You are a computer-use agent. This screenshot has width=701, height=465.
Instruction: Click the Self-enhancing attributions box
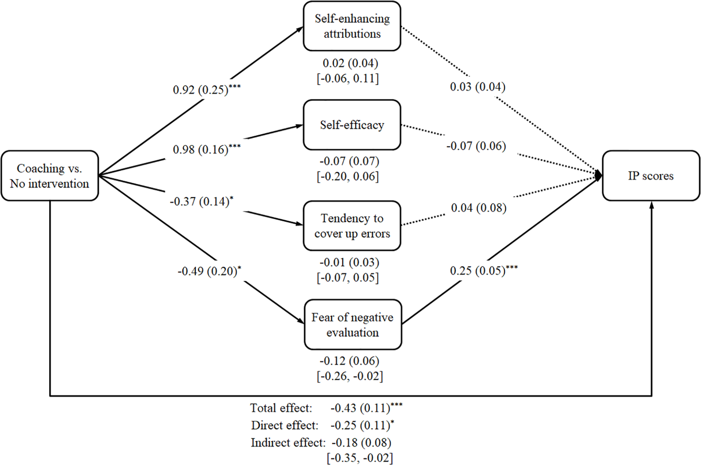[x=352, y=26]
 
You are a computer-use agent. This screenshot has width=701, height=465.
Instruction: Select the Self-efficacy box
[x=352, y=125]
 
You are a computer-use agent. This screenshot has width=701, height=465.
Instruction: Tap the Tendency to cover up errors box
[x=352, y=226]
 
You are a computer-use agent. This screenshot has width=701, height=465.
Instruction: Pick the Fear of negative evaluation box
[x=353, y=325]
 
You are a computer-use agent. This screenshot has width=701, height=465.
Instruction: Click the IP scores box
[x=651, y=176]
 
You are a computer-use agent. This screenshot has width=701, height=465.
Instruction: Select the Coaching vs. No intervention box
[x=50, y=176]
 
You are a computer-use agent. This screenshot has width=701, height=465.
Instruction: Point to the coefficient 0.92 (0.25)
[x=201, y=89]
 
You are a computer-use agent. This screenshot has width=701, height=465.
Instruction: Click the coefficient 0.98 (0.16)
[x=201, y=149]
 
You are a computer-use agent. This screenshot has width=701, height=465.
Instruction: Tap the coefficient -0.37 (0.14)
[x=199, y=202]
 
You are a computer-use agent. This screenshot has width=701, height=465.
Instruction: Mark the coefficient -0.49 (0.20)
[x=207, y=271]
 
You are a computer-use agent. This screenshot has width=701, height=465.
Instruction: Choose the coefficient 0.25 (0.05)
[x=478, y=270]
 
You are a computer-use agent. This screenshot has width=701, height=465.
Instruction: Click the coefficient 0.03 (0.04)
[x=478, y=87]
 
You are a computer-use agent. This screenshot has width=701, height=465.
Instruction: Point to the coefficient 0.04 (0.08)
[x=478, y=208]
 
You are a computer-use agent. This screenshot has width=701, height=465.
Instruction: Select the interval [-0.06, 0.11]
[x=348, y=79]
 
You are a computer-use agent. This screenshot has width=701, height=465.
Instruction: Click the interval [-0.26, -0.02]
[x=350, y=376]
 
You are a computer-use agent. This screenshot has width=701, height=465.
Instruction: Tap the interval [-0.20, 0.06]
[x=348, y=176]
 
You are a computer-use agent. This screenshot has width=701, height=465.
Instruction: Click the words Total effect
[x=281, y=408]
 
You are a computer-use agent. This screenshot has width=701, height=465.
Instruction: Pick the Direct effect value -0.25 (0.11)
[x=360, y=425]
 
